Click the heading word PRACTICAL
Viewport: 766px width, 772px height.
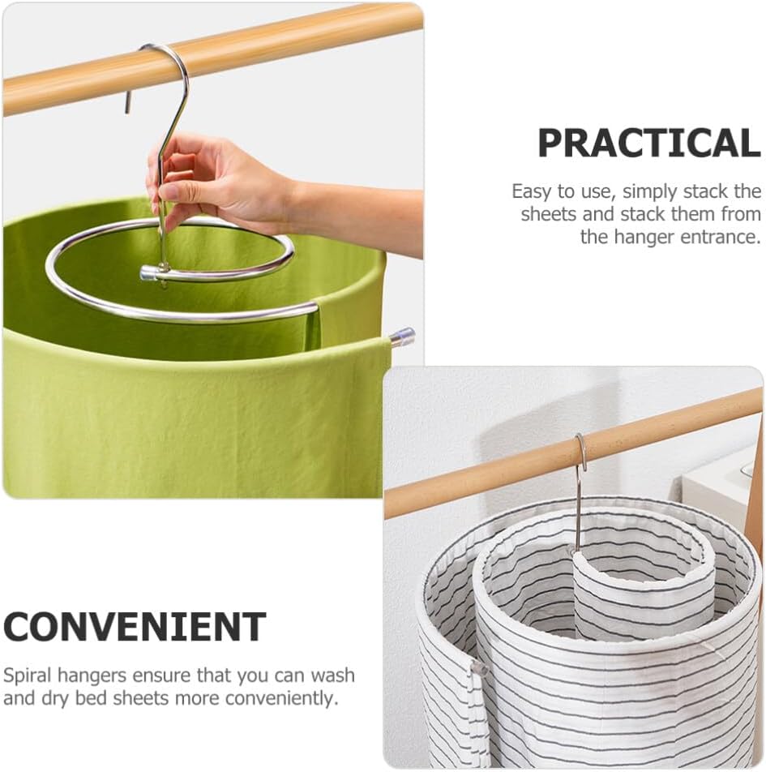tap(648, 144)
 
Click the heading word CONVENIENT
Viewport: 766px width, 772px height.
tap(135, 627)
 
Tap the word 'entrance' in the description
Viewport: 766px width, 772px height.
tap(717, 237)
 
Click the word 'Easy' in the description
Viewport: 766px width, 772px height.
tap(530, 192)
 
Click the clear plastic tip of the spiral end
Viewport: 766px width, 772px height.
tap(403, 336)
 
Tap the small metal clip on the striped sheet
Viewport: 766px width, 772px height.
tap(478, 669)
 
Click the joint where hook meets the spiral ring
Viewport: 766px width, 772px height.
tap(163, 272)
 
